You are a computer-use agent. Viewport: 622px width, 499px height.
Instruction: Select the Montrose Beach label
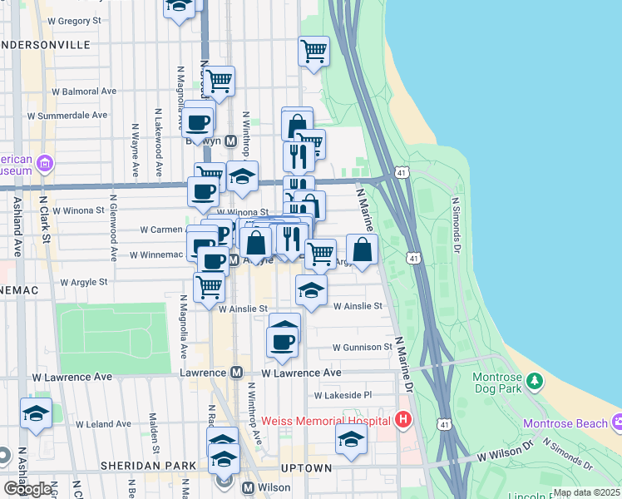pyautogui.click(x=565, y=423)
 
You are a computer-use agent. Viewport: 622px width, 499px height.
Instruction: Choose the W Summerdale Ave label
pyautogui.click(x=67, y=115)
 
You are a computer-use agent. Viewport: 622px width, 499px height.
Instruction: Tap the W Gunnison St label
pyautogui.click(x=362, y=346)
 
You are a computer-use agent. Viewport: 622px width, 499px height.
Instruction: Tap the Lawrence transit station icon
pyautogui.click(x=237, y=373)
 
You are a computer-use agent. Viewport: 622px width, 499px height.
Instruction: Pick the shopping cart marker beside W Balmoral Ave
pyautogui.click(x=219, y=82)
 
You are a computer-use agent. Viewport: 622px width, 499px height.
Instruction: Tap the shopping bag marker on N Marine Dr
pyautogui.click(x=363, y=249)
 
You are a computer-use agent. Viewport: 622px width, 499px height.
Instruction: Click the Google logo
pyautogui.click(x=27, y=489)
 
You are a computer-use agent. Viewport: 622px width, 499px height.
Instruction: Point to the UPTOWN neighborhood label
pyautogui.click(x=307, y=468)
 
